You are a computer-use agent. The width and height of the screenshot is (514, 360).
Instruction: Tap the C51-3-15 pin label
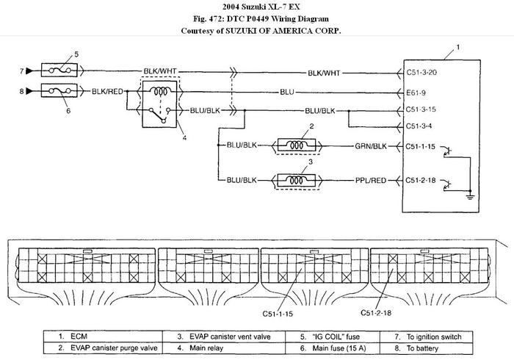422,109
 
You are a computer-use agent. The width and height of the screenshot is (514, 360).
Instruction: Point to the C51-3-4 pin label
420,125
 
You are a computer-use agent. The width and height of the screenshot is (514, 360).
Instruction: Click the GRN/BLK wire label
371,146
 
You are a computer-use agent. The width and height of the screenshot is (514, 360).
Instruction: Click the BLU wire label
287,92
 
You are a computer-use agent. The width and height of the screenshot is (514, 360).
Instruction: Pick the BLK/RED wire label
106,92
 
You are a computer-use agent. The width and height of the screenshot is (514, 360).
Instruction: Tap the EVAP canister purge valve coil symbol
297,145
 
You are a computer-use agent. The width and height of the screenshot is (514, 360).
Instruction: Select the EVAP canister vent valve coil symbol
297,179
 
